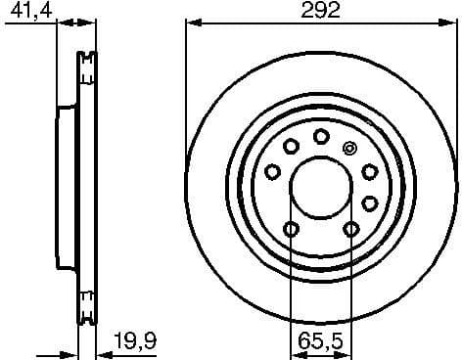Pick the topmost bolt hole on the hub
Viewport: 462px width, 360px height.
(x=321, y=137)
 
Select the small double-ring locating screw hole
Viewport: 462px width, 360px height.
(x=351, y=148)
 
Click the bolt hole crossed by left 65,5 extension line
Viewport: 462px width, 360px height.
(x=291, y=229)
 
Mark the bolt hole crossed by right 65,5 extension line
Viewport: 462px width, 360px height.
(x=351, y=229)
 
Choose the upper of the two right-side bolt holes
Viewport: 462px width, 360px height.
(x=369, y=172)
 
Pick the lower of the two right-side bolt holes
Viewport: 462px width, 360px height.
(x=369, y=203)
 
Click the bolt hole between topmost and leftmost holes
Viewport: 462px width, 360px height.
(x=291, y=147)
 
